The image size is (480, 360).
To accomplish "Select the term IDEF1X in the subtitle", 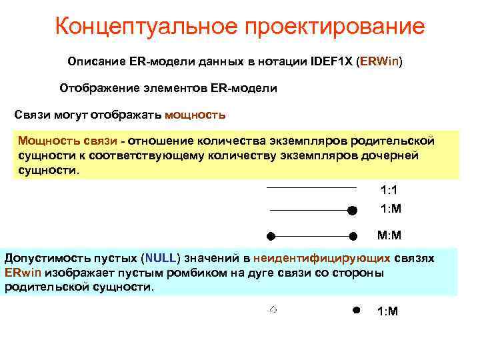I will pos(332,61).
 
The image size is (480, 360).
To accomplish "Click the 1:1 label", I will pos(389,190).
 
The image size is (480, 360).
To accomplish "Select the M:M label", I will pos(389,235).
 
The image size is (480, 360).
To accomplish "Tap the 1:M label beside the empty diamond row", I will pos(387,311).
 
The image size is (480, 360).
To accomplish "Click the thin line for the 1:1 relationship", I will pos(311,189).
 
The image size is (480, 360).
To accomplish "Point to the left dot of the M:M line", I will pos(271,235).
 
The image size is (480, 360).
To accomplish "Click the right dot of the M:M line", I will pos(353,235).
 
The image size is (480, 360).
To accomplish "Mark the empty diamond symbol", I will pos(273,309).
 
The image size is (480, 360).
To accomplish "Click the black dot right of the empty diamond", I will pos(356,310).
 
